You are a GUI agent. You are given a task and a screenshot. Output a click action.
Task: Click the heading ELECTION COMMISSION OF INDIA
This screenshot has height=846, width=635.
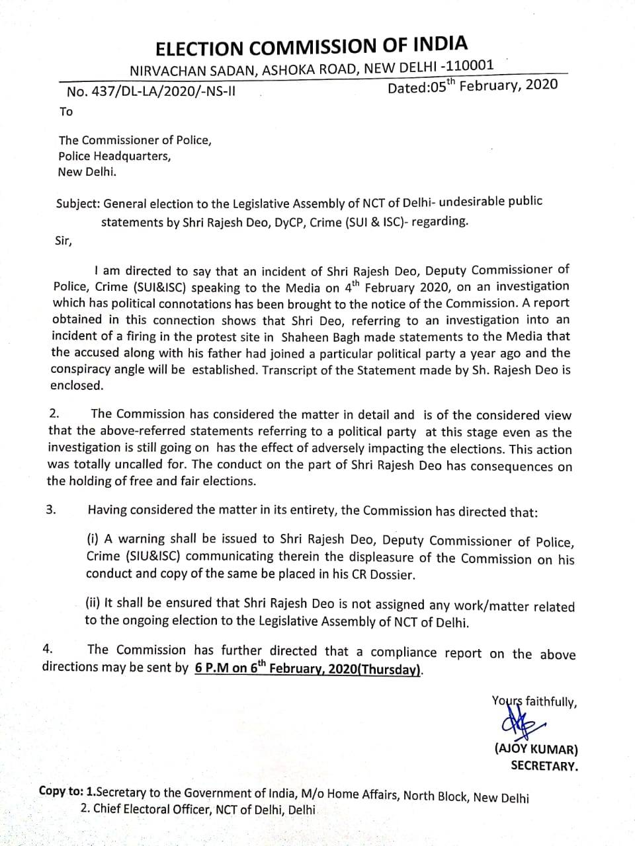pyautogui.click(x=311, y=47)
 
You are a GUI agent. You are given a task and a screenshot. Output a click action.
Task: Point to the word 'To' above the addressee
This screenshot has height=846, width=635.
pyautogui.click(x=66, y=112)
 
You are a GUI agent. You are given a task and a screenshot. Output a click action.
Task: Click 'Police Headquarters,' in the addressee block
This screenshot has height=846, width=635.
pyautogui.click(x=114, y=156)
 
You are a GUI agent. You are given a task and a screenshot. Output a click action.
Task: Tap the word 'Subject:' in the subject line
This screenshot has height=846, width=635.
pyautogui.click(x=79, y=204)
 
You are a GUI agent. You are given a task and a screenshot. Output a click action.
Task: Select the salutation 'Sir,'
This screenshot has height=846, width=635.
pyautogui.click(x=63, y=241)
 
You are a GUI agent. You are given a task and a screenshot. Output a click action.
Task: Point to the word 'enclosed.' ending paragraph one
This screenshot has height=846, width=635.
pyautogui.click(x=77, y=385)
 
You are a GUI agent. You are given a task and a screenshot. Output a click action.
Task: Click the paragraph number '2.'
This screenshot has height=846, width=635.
pyautogui.click(x=55, y=413)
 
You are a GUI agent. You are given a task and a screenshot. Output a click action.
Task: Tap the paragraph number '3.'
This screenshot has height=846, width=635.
pyautogui.click(x=52, y=510)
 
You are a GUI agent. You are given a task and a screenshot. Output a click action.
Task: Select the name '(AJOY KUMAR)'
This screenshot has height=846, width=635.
pyautogui.click(x=536, y=750)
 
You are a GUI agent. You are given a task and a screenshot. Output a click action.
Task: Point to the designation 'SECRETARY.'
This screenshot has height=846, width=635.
pyautogui.click(x=544, y=766)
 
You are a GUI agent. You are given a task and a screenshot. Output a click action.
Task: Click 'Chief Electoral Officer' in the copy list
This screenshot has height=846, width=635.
pyautogui.click(x=151, y=808)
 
